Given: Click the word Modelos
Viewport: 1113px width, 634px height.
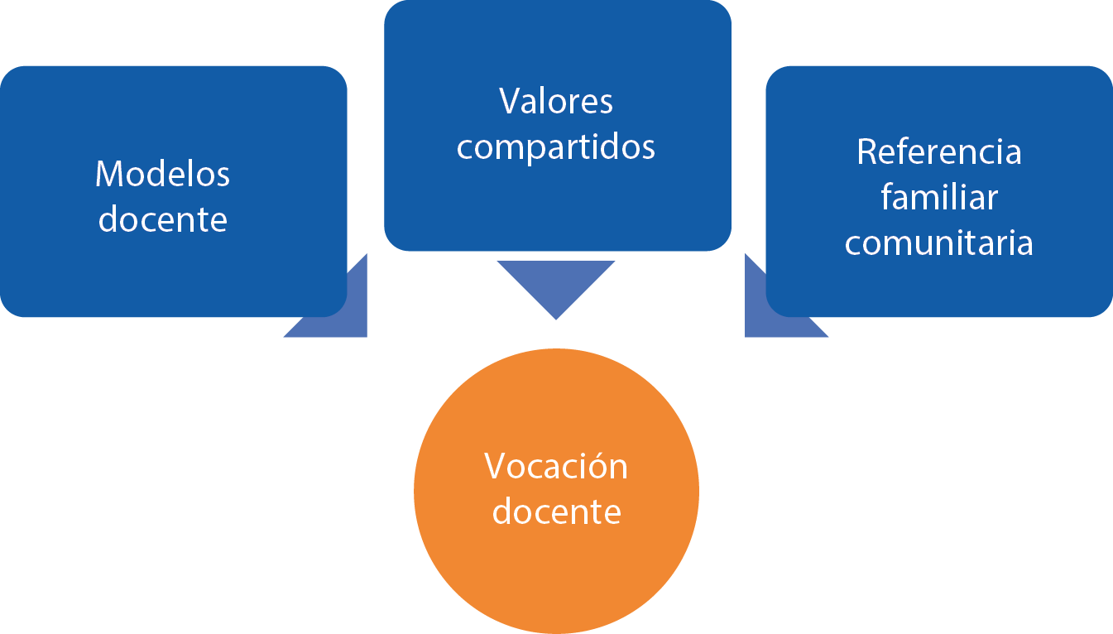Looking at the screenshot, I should click(x=162, y=174).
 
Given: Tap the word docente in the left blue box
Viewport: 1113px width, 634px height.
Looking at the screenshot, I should click(x=162, y=219).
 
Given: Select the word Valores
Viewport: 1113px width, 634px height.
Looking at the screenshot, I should click(x=556, y=102).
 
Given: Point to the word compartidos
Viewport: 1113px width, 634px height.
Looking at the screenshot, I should click(x=556, y=147).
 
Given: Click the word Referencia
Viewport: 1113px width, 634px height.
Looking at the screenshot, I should click(x=939, y=152).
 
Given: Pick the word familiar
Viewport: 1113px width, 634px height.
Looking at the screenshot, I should click(x=939, y=198).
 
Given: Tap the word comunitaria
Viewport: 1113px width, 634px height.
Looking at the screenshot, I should click(x=939, y=243).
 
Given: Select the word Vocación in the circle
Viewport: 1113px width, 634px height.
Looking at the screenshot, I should click(x=556, y=467).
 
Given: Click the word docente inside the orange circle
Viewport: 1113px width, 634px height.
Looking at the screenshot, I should click(x=556, y=512).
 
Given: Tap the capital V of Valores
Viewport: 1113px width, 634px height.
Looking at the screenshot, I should click(x=510, y=102).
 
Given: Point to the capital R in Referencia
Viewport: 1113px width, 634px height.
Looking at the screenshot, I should click(x=867, y=152).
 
